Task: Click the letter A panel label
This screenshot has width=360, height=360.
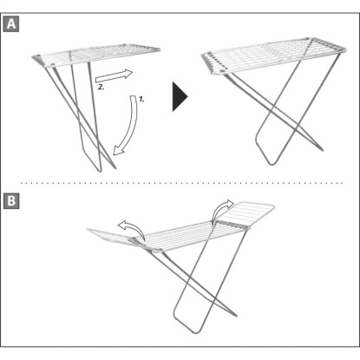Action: coord(11,24)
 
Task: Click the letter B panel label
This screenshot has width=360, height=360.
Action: coord(11,200)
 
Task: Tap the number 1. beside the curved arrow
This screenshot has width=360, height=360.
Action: coord(141,100)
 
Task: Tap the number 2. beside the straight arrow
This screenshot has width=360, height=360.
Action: coord(101,87)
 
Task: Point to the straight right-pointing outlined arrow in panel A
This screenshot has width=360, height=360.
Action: coord(114,76)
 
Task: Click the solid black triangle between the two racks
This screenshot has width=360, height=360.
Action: coord(180,96)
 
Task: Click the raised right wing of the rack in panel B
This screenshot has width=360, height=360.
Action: coord(245,214)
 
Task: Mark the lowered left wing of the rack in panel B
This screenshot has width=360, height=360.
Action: coord(114,238)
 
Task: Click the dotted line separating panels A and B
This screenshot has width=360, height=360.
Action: coord(182,183)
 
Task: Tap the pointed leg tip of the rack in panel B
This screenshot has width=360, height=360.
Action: coord(236,316)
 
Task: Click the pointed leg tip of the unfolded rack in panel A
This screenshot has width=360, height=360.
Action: coord(322,150)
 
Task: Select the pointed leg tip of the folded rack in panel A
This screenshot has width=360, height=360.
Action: coord(115,167)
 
